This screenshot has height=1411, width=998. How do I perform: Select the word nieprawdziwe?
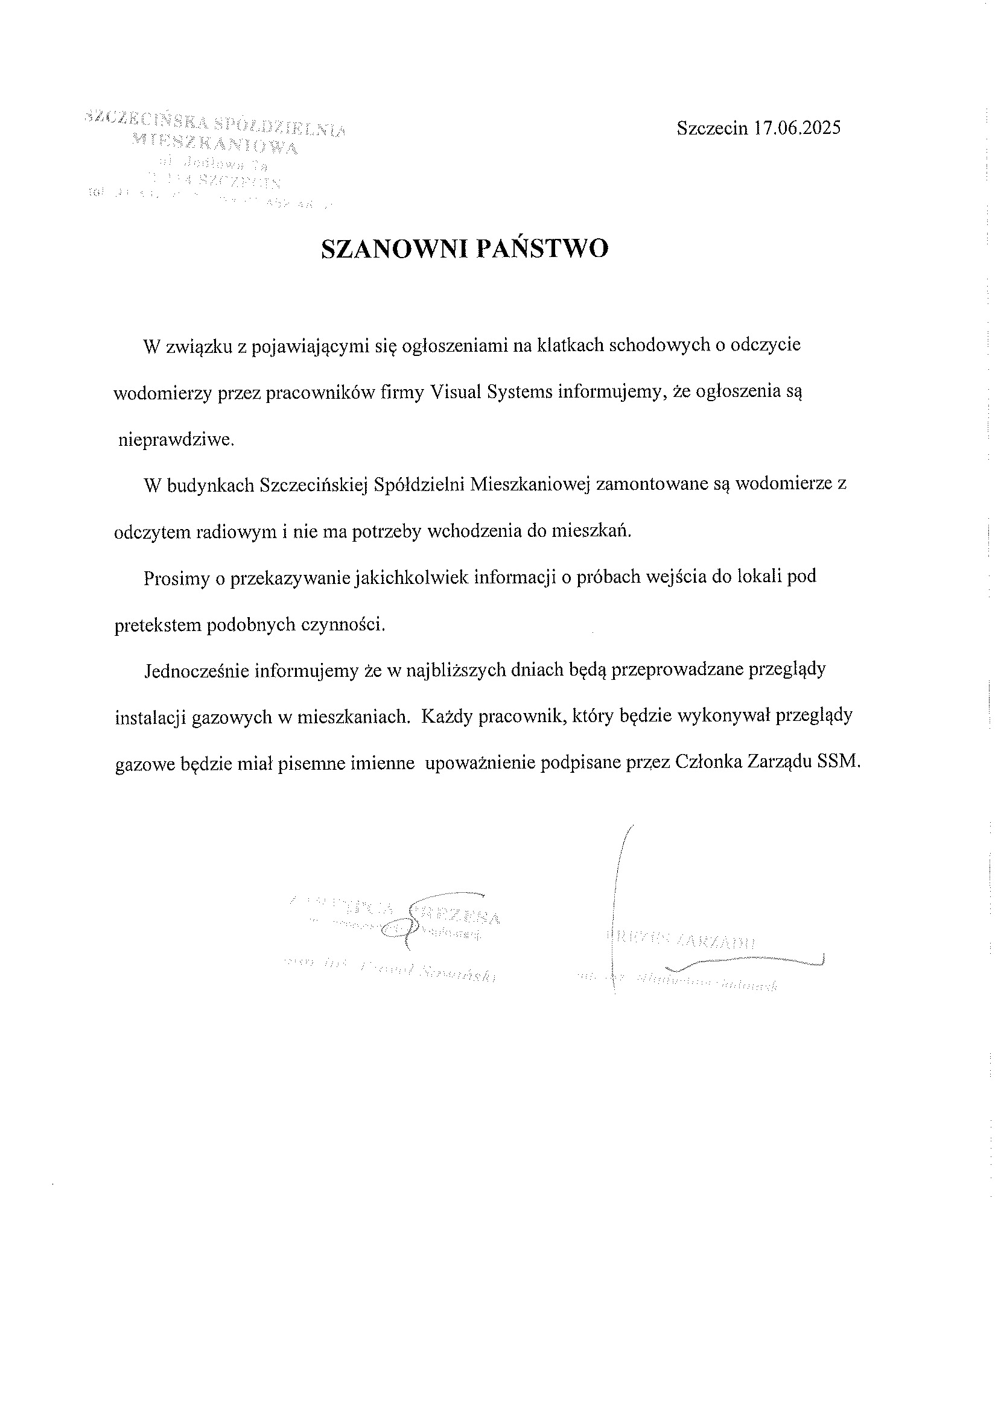click(176, 440)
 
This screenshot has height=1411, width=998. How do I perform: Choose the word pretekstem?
click(157, 625)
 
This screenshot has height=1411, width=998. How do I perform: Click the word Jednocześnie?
click(196, 670)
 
